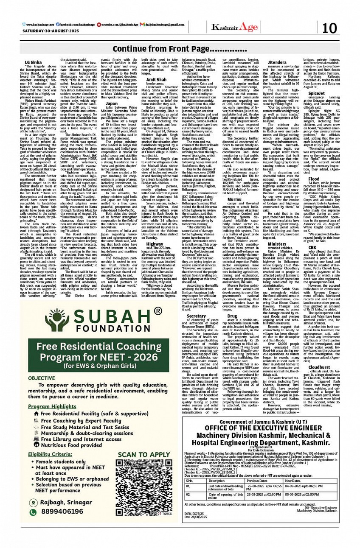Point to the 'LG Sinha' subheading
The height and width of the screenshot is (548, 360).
pos(33,62)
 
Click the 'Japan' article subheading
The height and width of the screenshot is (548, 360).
pos(112,103)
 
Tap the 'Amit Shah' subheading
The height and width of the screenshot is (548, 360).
pos(156,79)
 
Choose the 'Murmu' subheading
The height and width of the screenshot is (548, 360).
pos(234,199)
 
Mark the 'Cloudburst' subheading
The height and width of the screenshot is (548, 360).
pos(319,367)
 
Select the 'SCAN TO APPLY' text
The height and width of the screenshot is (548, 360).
pos(143,454)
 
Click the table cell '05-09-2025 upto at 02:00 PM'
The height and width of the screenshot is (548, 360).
pos(302,494)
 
